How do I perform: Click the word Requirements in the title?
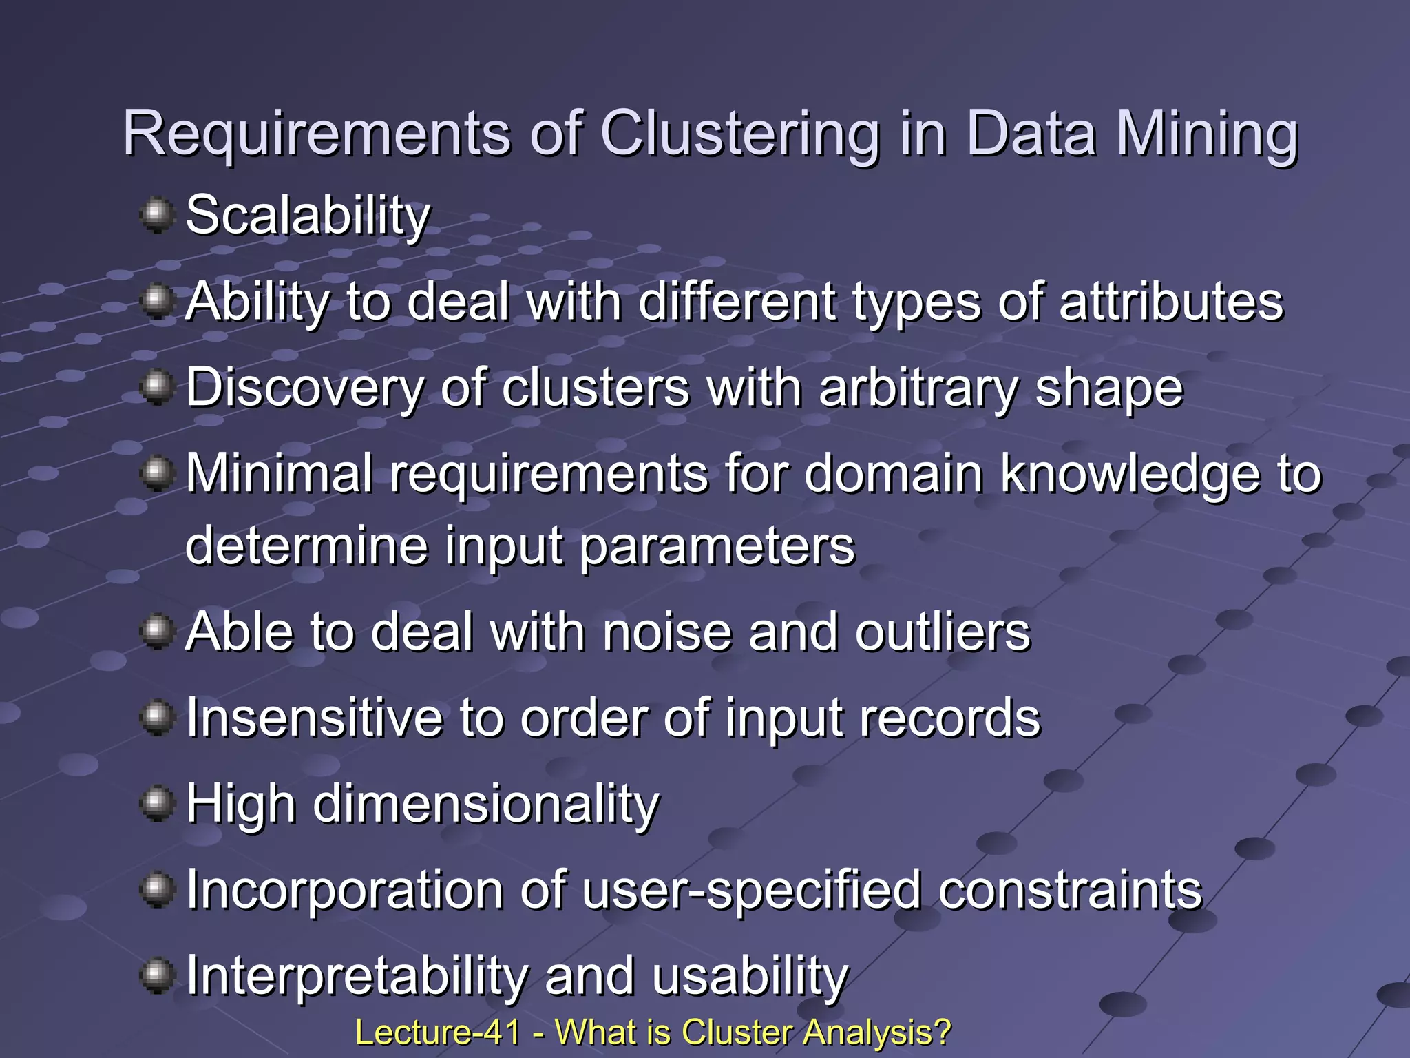click(317, 134)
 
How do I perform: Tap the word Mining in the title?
click(1206, 135)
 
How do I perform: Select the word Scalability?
click(308, 216)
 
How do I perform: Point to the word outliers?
click(943, 632)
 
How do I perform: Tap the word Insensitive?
click(315, 718)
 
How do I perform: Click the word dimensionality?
click(486, 805)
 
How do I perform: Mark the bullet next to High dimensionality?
click(157, 803)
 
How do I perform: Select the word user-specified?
click(752, 891)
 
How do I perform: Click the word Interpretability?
click(357, 977)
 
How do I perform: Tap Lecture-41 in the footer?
click(437, 1033)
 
